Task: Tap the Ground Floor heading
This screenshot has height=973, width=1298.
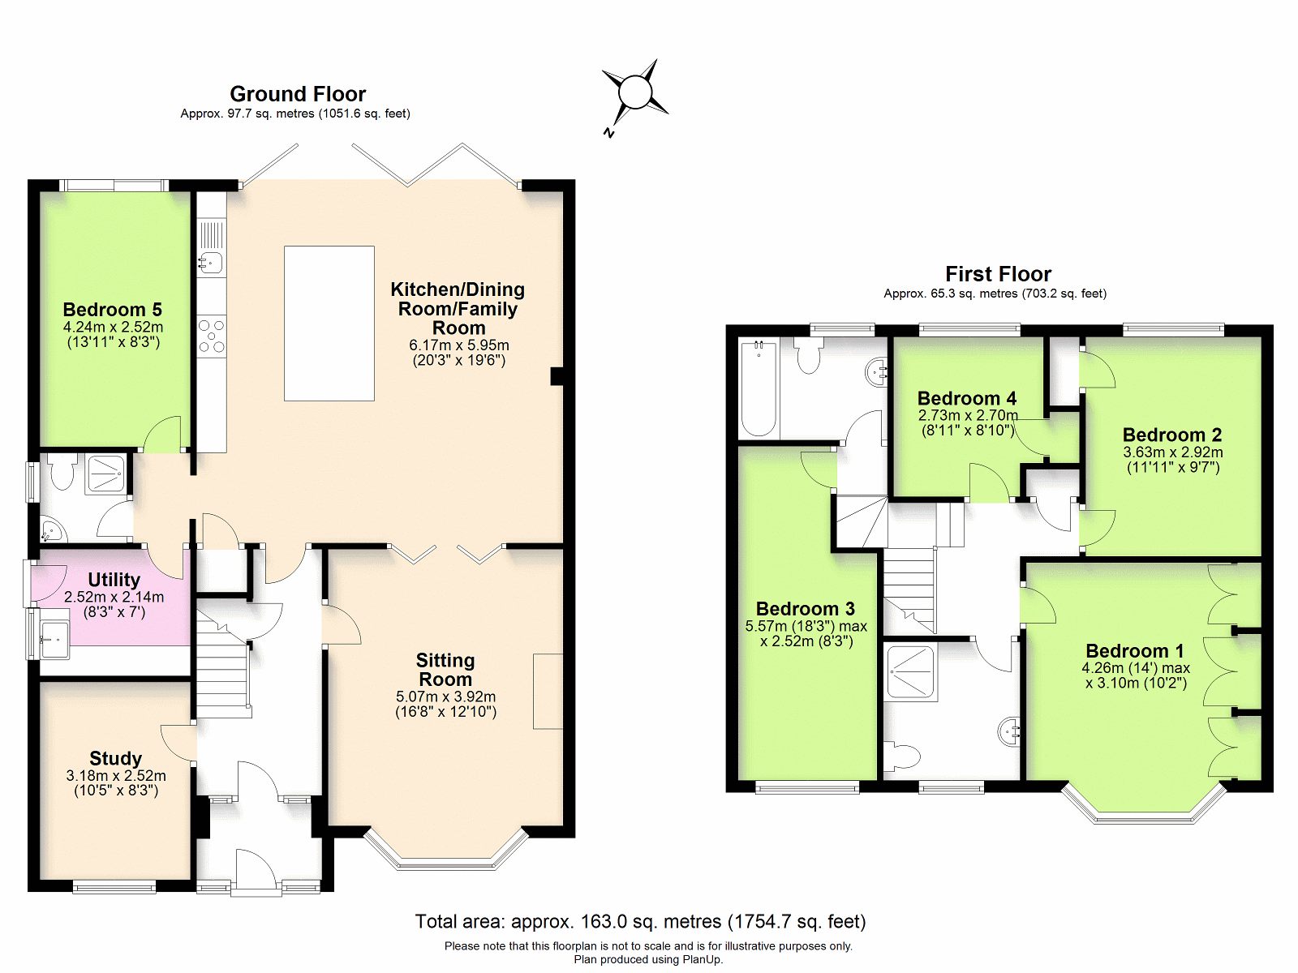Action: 298,94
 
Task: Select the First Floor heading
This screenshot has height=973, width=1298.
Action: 998,274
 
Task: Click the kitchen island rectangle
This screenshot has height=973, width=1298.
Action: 329,324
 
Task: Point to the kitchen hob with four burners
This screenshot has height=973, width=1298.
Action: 211,336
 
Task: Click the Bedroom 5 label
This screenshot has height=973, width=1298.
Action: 112,310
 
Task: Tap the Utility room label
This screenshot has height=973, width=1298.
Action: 114,580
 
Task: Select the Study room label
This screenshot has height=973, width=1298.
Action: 115,758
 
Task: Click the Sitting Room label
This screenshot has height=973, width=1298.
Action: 445,670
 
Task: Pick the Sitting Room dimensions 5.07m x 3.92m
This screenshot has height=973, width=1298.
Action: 446,697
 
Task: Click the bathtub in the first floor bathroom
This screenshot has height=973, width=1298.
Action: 759,388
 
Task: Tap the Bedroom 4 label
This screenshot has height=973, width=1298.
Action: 967,398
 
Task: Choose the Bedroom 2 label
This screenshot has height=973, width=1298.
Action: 1172,435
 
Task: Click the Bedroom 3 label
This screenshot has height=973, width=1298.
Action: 806,608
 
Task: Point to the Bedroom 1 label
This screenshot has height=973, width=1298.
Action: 1135,651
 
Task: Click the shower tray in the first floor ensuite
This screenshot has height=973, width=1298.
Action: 910,671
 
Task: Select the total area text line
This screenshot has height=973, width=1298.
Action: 640,922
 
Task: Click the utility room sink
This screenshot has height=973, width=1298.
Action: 54,639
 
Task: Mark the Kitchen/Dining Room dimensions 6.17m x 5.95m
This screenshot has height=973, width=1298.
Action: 459,345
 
